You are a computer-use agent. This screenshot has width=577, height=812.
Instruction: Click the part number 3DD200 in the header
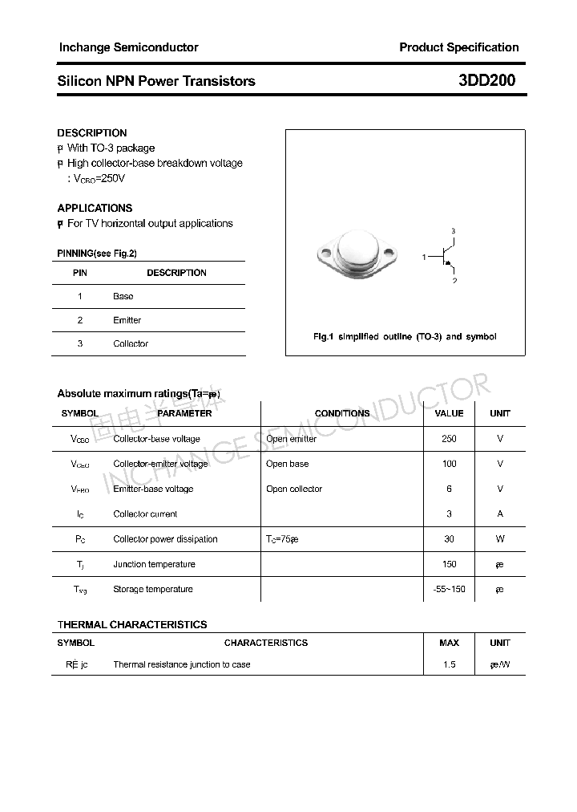(486, 80)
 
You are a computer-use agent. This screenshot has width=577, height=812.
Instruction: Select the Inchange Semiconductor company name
(128, 47)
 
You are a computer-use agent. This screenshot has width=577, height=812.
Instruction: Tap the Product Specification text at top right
(458, 47)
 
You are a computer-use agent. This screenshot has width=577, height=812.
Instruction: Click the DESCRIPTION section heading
(92, 133)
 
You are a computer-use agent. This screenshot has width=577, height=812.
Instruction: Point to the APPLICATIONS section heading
(95, 208)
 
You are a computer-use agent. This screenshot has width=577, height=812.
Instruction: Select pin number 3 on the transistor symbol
(454, 232)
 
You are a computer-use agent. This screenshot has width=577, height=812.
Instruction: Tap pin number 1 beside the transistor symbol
(424, 258)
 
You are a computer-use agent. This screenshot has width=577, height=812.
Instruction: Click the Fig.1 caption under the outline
(404, 336)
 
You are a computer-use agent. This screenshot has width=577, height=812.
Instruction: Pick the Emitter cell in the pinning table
(127, 320)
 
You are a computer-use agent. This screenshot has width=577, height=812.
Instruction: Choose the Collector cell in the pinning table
(131, 343)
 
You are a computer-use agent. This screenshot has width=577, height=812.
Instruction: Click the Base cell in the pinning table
(123, 296)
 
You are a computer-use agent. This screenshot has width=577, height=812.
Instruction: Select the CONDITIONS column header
(342, 413)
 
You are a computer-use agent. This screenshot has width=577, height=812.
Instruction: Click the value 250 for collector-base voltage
(449, 439)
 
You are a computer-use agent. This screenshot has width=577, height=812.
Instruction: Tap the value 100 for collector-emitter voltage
(449, 464)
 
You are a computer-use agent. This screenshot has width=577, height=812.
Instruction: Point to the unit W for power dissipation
(499, 539)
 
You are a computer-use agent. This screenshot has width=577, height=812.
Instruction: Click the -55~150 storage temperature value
(449, 589)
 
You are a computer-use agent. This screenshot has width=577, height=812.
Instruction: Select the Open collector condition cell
(294, 489)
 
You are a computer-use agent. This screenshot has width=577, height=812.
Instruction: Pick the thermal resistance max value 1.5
(449, 664)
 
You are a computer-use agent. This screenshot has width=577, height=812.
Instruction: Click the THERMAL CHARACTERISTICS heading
(132, 624)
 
